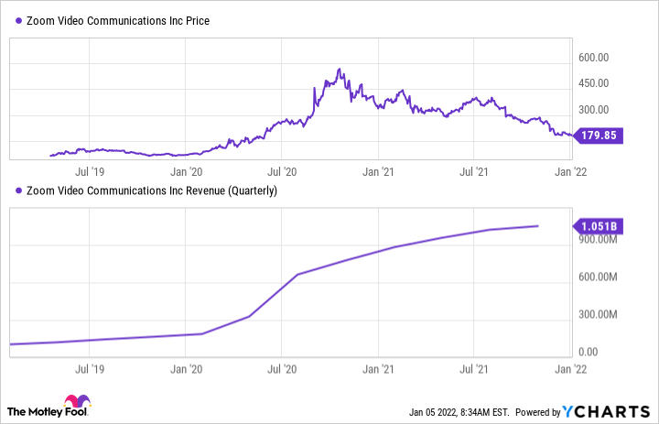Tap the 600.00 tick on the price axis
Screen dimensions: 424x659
594,57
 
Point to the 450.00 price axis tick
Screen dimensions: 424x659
594,82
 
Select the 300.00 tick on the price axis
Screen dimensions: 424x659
594,108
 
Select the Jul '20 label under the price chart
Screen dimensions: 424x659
282,170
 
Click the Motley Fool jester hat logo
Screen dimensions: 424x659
76,405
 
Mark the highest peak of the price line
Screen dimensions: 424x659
340,69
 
